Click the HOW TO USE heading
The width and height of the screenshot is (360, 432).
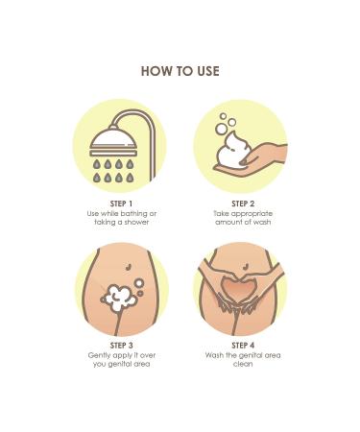click(x=180, y=71)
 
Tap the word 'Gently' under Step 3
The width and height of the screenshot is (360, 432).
click(x=100, y=354)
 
